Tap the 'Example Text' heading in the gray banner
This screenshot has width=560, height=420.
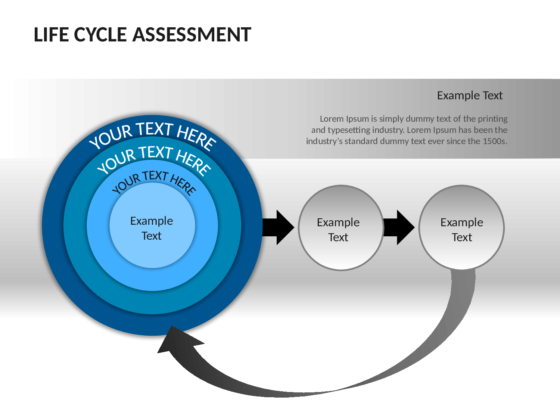coord(470,96)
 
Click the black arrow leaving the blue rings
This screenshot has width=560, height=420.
coord(279,227)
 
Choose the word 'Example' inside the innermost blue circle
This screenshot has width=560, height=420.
coord(152,221)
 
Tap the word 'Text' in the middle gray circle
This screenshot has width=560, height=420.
coord(338,237)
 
